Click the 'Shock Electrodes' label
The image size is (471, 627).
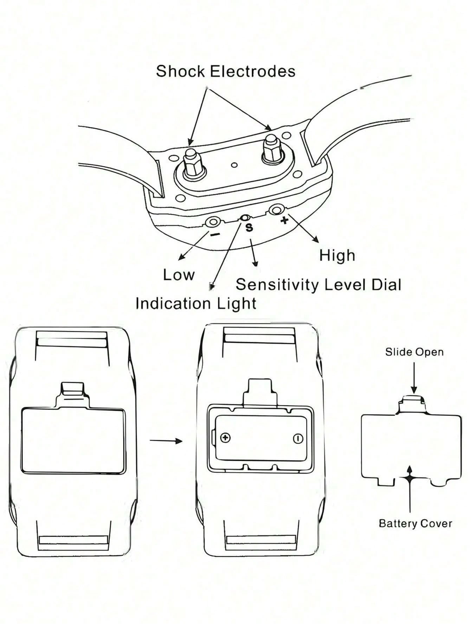(x=226, y=71)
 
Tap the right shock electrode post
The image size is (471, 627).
(x=273, y=148)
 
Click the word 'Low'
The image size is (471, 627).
(x=179, y=275)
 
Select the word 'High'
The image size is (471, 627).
(x=337, y=256)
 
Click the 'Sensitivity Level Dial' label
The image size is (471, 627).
(x=318, y=285)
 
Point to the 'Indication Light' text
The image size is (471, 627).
(x=196, y=303)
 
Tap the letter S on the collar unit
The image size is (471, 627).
(x=249, y=228)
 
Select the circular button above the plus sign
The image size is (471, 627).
(x=276, y=210)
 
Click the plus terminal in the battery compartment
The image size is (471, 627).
(x=225, y=438)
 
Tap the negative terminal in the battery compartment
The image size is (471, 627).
(x=298, y=439)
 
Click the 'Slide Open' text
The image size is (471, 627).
(x=414, y=352)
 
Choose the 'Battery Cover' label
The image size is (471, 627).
(x=415, y=523)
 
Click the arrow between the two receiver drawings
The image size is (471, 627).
(x=166, y=440)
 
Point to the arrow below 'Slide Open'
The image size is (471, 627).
(x=414, y=378)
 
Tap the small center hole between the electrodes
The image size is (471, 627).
(x=234, y=165)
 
